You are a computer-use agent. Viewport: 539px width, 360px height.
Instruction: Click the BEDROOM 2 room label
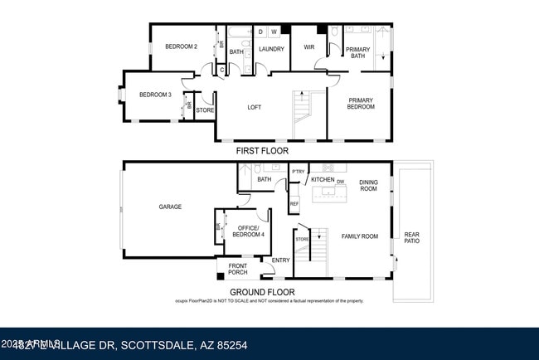point(180,46)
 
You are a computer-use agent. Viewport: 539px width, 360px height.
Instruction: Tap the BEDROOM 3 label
point(155,95)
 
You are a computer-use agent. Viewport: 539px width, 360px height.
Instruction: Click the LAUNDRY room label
point(271,50)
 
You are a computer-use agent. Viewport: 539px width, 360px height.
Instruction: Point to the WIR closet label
point(309,48)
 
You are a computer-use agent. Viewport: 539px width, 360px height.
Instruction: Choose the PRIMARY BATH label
point(357,52)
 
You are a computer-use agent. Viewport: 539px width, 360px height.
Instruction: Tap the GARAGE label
point(170,207)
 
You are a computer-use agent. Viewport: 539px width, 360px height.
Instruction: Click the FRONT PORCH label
point(238,270)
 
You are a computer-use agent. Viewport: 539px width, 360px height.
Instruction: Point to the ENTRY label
point(281,260)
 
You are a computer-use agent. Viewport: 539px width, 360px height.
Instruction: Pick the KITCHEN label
point(323,180)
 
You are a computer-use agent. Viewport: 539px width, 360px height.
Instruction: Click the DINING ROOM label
point(367,185)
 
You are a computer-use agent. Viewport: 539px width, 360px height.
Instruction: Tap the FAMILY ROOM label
point(360,236)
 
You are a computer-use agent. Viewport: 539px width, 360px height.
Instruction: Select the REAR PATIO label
point(411,237)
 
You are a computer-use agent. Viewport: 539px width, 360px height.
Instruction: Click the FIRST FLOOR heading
point(263,152)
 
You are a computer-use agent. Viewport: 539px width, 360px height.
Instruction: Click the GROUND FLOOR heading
point(262,291)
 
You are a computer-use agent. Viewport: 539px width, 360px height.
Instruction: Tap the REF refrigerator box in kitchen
point(294,203)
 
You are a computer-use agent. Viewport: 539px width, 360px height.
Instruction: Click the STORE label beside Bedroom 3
point(205,109)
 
